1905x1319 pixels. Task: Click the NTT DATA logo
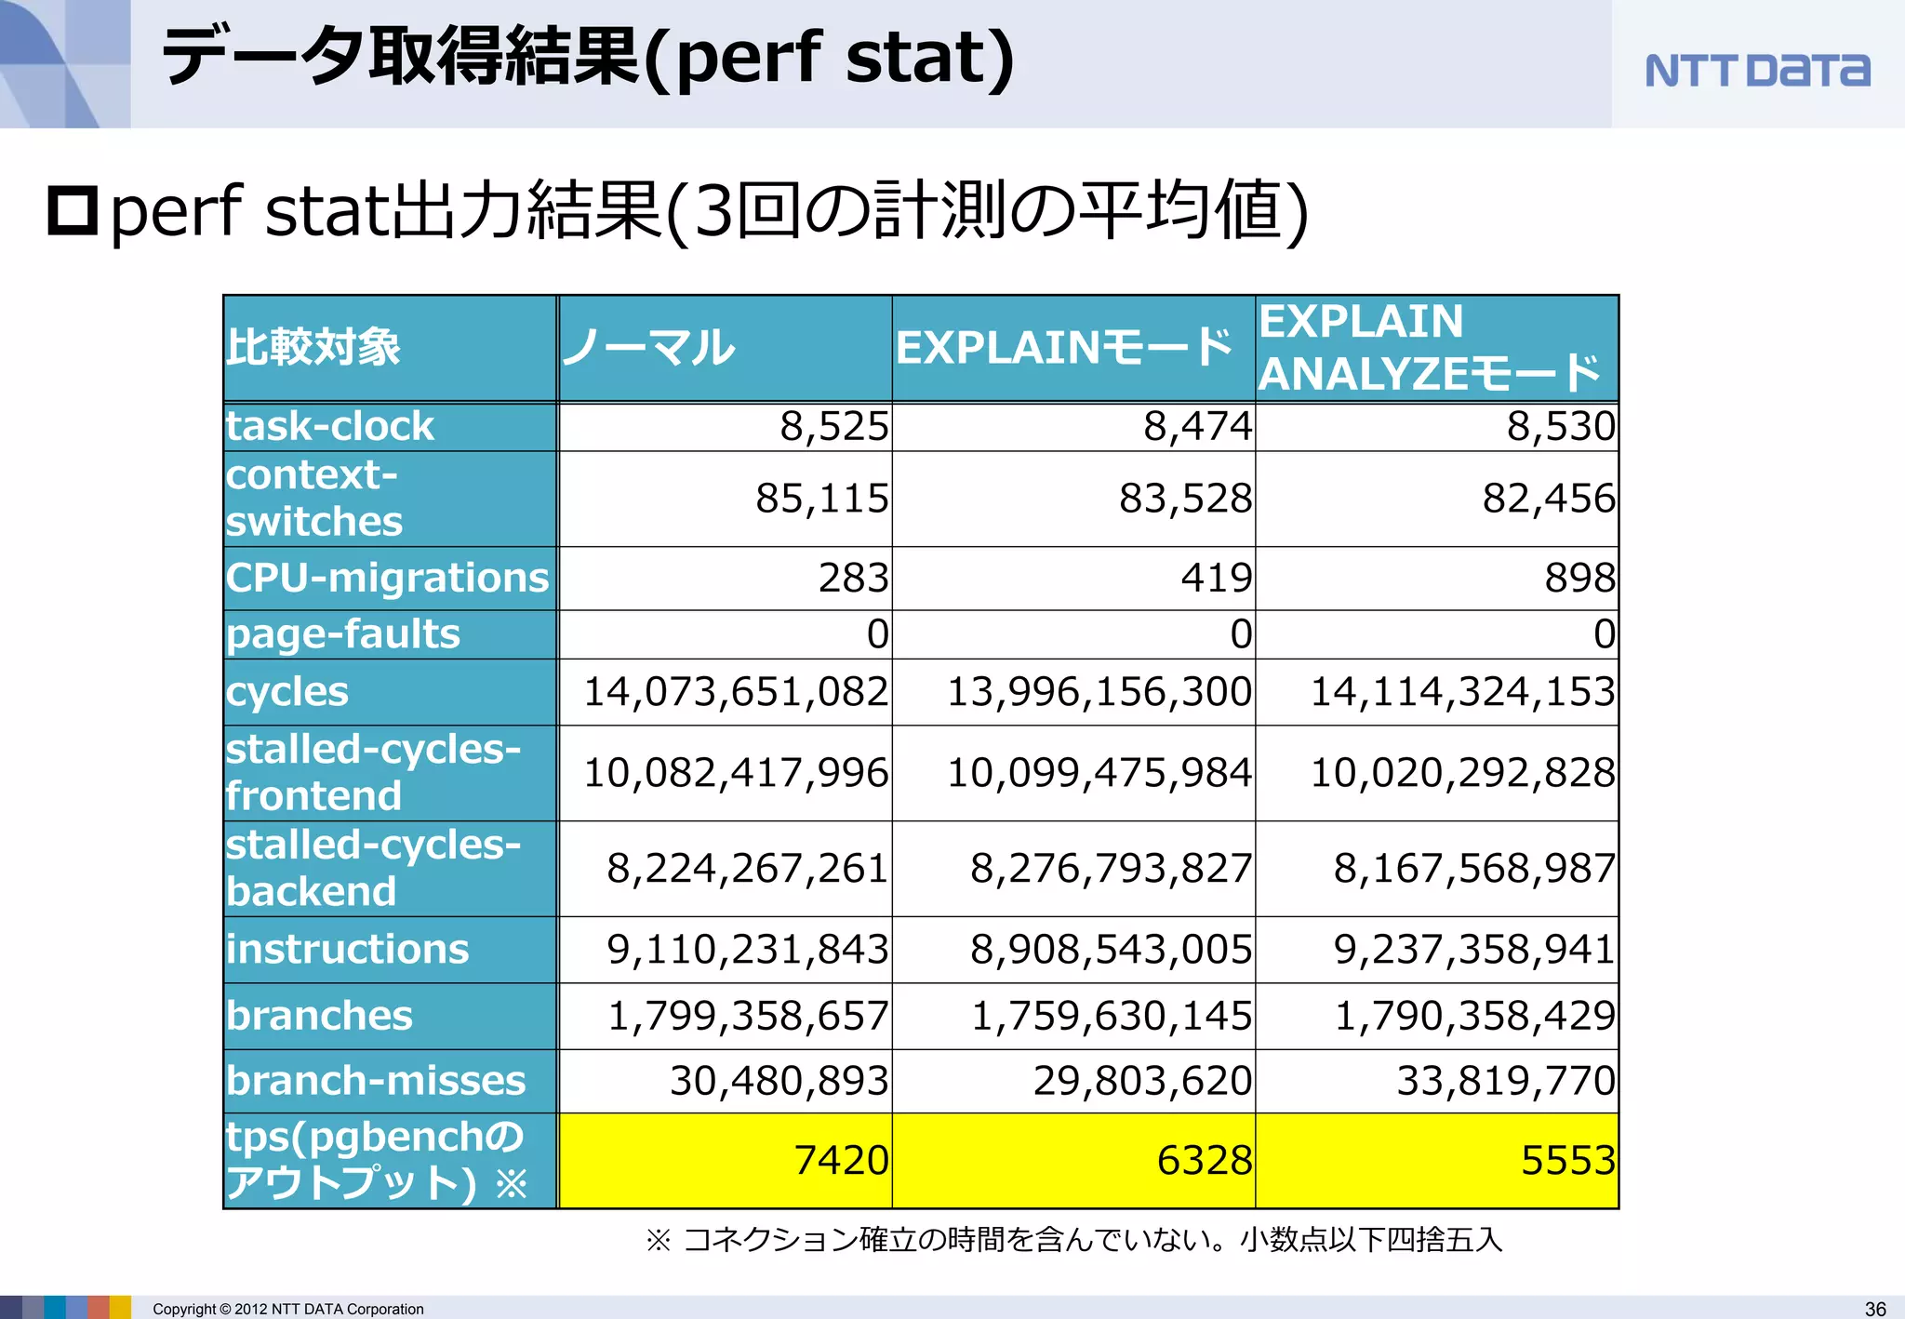click(x=1756, y=71)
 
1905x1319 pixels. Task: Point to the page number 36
click(x=1875, y=1309)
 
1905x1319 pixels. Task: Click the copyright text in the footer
click(x=287, y=1309)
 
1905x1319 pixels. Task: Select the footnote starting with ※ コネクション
click(x=1073, y=1240)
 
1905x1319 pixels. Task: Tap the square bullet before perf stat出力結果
click(x=73, y=211)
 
